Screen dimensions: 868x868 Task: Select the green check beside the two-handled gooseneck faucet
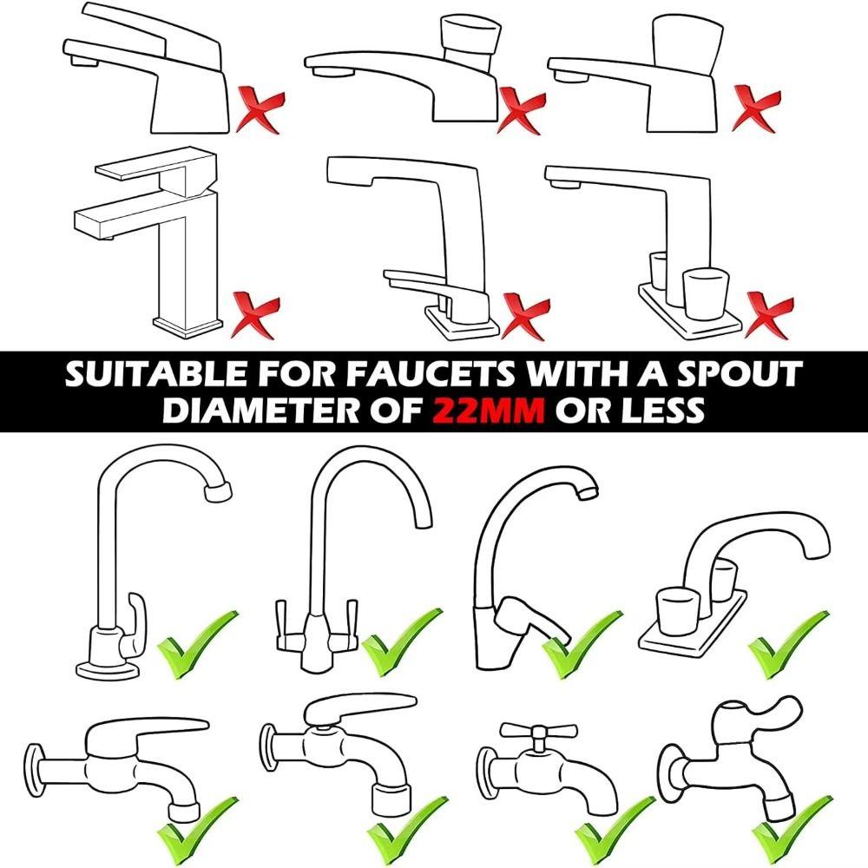coord(401,642)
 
